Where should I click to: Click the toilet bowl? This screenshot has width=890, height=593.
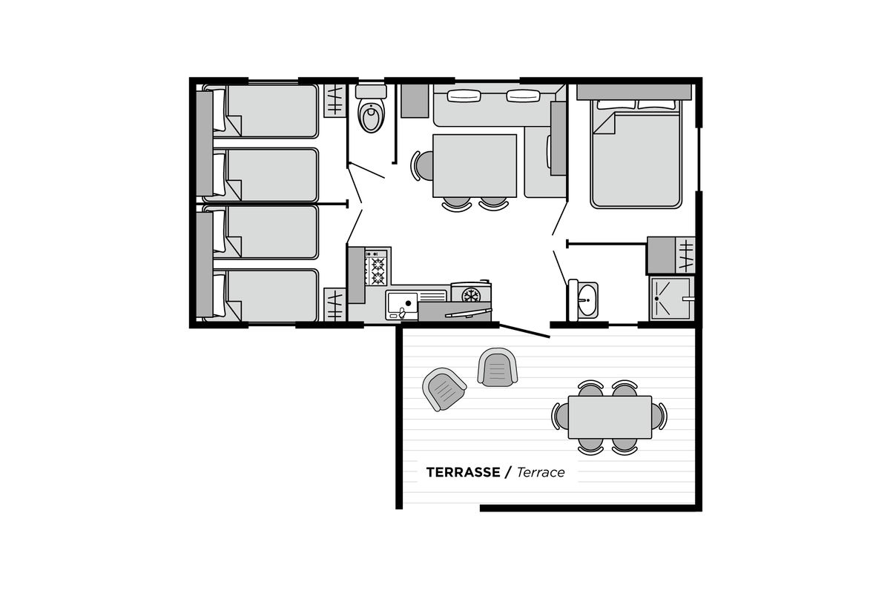[x=371, y=115]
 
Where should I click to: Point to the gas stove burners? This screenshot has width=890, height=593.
[x=377, y=268]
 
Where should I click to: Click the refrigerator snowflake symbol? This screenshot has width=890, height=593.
[x=471, y=296]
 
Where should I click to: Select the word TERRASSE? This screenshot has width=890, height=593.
[x=463, y=472]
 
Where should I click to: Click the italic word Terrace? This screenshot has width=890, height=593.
[x=541, y=472]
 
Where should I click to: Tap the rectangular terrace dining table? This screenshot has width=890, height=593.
[x=610, y=417]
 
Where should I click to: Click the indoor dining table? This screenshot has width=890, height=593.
[x=475, y=165]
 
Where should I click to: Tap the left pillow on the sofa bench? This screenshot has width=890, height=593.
[x=464, y=96]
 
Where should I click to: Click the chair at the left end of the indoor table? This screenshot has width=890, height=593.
[x=422, y=165]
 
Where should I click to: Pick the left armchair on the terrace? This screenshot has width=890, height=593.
[x=444, y=389]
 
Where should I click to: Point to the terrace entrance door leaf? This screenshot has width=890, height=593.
[x=524, y=331]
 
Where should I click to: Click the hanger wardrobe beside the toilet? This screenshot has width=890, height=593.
[x=334, y=101]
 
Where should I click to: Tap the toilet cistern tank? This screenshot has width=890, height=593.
[x=371, y=91]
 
